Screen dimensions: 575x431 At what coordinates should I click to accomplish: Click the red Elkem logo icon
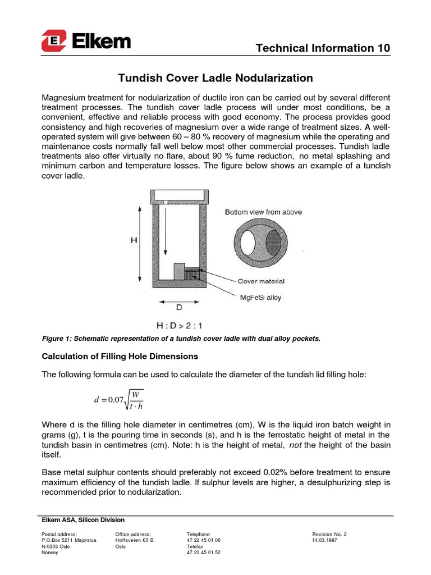coord(54,41)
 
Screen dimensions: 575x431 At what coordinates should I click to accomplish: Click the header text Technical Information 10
coord(323,48)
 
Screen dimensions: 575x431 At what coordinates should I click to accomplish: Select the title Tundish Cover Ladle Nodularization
coord(214,78)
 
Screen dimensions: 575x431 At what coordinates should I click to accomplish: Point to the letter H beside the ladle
coord(134,240)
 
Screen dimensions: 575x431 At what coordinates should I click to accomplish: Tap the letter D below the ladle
coord(178,308)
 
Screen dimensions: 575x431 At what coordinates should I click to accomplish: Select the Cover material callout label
coord(261,281)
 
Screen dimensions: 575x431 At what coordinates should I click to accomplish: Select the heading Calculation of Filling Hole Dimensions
coord(120,357)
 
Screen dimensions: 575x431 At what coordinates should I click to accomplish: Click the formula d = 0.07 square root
coord(118,399)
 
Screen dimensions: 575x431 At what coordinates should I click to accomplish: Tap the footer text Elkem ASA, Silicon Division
coord(84,520)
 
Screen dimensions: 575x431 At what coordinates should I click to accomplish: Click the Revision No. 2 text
coord(330,534)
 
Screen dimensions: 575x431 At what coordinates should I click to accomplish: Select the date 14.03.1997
coord(325,540)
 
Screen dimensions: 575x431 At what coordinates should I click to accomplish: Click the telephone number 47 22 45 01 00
coord(203,540)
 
